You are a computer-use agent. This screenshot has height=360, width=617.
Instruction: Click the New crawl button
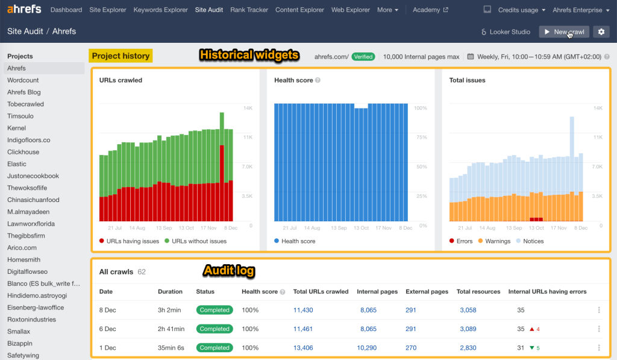click(564, 32)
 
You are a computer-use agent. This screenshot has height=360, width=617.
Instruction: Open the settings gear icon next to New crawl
click(600, 32)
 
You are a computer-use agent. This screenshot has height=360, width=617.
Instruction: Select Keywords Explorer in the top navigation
click(161, 10)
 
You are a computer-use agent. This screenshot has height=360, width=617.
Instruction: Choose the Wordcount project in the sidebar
click(23, 80)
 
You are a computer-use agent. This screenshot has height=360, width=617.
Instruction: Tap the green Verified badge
click(363, 57)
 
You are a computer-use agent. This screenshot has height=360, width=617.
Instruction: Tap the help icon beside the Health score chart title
click(318, 80)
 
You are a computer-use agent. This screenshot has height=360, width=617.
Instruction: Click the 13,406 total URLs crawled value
click(303, 348)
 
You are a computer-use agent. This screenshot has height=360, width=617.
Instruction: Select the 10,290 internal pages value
click(366, 348)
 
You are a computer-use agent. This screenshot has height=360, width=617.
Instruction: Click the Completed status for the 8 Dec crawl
click(215, 310)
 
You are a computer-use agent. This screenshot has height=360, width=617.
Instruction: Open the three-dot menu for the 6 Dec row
click(598, 329)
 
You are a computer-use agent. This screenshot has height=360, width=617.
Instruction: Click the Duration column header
click(170, 292)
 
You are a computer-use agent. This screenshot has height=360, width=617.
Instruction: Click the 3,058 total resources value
click(468, 310)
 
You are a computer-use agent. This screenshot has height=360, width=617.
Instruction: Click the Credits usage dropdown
click(521, 10)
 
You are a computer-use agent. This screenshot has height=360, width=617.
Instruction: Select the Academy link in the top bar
click(430, 10)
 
